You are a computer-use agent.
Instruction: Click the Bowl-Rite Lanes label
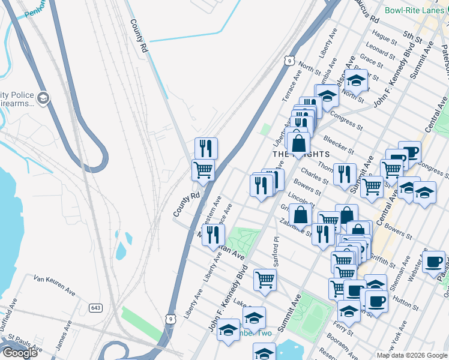point(415,10)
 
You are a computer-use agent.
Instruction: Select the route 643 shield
point(95,308)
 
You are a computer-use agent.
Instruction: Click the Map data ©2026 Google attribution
point(412,355)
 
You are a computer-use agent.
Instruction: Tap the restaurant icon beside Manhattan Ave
point(212,234)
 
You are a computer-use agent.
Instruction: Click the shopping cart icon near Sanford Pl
point(265,279)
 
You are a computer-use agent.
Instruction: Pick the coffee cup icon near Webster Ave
point(433,261)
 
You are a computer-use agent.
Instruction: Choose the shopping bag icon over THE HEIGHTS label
point(298,143)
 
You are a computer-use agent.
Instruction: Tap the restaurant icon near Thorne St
point(344,174)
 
